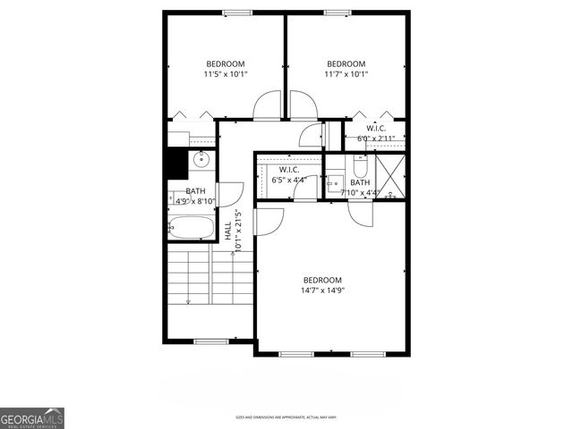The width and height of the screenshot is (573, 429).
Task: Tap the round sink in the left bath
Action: [201, 161]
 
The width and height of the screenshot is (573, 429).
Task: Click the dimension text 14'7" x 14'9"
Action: [322, 289]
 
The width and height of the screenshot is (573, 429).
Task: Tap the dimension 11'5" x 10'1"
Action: [226, 74]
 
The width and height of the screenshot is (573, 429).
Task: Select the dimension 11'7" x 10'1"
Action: [346, 74]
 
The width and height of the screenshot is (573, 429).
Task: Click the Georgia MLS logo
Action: [32, 417]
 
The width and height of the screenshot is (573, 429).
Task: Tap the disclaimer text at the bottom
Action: [286, 416]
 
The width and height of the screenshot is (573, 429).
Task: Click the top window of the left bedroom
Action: [236, 12]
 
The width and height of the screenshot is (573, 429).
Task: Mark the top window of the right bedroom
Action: [337, 12]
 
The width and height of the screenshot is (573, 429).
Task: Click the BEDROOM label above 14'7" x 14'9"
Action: [322, 279]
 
